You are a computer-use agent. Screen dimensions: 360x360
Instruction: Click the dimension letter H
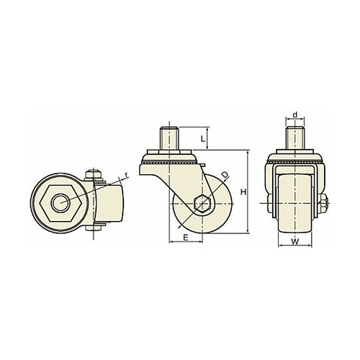243,192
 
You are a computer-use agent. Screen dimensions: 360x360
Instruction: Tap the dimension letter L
203,139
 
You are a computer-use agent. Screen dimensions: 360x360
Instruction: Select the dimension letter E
186,238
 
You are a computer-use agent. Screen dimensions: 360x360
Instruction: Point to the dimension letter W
295,241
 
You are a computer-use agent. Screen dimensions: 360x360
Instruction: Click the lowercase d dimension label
295,115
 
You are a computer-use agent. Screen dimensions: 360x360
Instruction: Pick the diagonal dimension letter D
224,175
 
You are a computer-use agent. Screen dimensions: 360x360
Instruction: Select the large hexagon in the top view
61,203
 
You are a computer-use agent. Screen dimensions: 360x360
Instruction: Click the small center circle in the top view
60,203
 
